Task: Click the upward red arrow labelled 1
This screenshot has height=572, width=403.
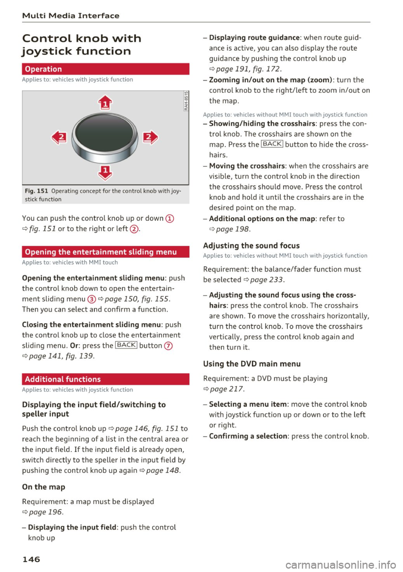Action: [x=105, y=102]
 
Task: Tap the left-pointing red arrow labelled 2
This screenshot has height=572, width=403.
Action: [x=60, y=137]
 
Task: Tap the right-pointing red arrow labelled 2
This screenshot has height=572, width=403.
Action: [x=150, y=137]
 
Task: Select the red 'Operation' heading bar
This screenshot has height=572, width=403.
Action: [x=105, y=69]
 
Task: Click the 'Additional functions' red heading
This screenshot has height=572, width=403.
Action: [x=105, y=379]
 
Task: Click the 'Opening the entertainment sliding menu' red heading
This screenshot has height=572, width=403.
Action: [x=105, y=252]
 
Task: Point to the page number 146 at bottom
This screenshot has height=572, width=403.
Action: [x=31, y=559]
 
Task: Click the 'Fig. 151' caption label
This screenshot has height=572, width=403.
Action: [x=37, y=191]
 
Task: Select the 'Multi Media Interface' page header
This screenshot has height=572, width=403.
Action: [x=71, y=16]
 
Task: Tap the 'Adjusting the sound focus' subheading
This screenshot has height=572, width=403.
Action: [x=251, y=245]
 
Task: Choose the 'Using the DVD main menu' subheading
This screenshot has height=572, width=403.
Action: [x=251, y=364]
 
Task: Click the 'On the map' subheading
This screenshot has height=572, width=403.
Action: [x=44, y=487]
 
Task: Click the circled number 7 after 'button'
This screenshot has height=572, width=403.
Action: [x=168, y=346]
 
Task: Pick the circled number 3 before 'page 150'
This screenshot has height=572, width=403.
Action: [x=92, y=299]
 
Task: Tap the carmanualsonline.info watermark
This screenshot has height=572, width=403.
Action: [x=340, y=564]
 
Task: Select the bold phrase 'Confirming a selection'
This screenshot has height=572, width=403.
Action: [x=248, y=436]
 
